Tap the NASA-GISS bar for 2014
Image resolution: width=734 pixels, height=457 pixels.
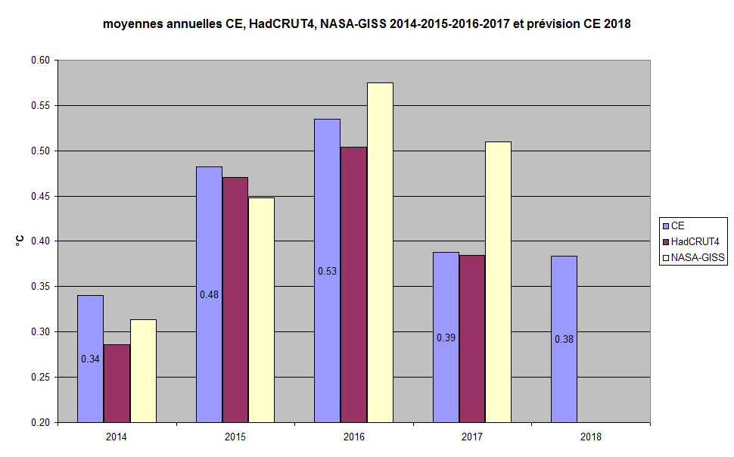(143, 371)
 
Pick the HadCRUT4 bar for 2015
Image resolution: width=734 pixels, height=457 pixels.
(235, 300)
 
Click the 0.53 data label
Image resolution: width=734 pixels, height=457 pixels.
(327, 271)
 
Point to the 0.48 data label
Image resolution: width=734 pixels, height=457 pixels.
(209, 294)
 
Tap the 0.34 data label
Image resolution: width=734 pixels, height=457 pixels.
(90, 359)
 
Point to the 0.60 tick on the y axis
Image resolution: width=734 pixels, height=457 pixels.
(40, 61)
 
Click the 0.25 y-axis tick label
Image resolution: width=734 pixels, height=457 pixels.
(40, 377)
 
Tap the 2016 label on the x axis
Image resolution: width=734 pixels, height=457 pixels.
(353, 437)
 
